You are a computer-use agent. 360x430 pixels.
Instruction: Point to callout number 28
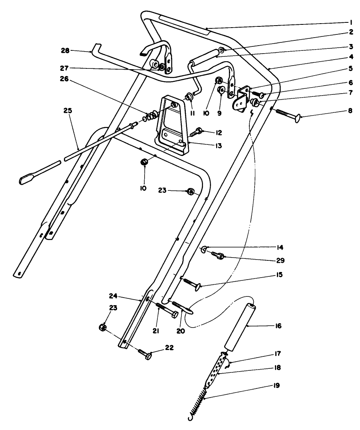point(65,51)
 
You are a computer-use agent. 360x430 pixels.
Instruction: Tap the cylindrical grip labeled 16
point(238,326)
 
